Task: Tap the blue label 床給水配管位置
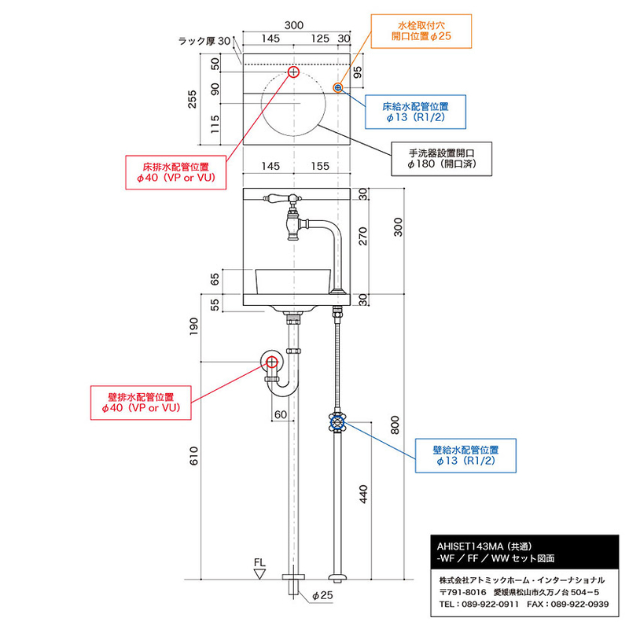click(414, 110)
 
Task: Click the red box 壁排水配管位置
click(142, 403)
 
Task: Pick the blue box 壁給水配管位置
click(466, 456)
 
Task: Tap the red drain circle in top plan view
click(293, 72)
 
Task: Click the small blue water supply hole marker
click(338, 87)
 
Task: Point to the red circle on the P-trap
click(272, 362)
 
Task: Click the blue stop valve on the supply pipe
click(338, 424)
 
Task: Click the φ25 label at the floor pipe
click(322, 595)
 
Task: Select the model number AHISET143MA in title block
click(469, 545)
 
